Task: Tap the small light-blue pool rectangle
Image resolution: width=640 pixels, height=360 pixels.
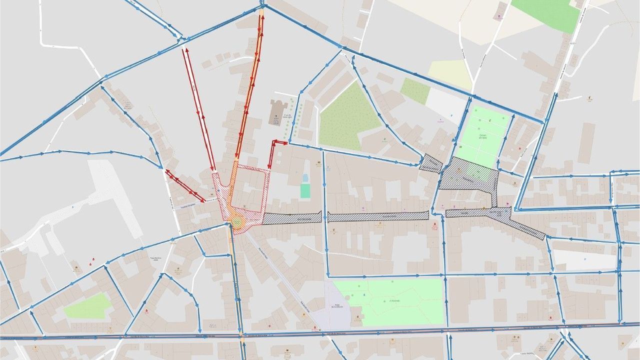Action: (305, 178)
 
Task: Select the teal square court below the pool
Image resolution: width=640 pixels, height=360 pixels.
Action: (305, 190)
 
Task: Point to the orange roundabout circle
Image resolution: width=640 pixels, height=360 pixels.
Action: (237, 221)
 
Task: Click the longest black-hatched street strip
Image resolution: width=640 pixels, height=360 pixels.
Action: (378, 216)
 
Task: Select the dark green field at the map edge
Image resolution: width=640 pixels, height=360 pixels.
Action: (546, 13)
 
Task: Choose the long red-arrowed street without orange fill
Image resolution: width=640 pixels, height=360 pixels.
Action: (199, 107)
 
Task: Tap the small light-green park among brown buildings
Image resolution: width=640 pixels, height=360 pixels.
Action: (87, 306)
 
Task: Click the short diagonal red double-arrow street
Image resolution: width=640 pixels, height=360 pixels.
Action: (184, 185)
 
